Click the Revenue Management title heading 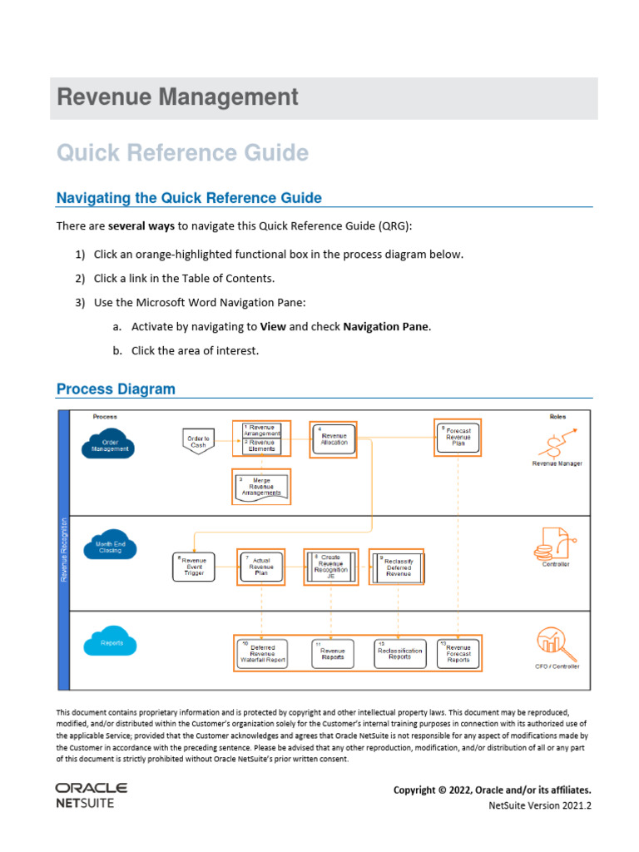[x=177, y=97]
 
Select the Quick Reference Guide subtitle [x=182, y=153]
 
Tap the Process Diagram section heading [x=116, y=389]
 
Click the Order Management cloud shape [x=110, y=444]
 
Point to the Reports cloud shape [x=110, y=643]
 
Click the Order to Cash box [x=198, y=441]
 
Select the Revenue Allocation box [x=334, y=438]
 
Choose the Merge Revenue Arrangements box [x=262, y=487]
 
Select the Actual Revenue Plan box [x=262, y=566]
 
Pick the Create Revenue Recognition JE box [x=331, y=567]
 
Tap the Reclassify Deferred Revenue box [x=397, y=567]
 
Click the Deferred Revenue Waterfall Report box [x=262, y=653]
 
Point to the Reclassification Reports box [x=399, y=653]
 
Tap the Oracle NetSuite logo [x=91, y=795]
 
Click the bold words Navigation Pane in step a [x=386, y=327]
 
